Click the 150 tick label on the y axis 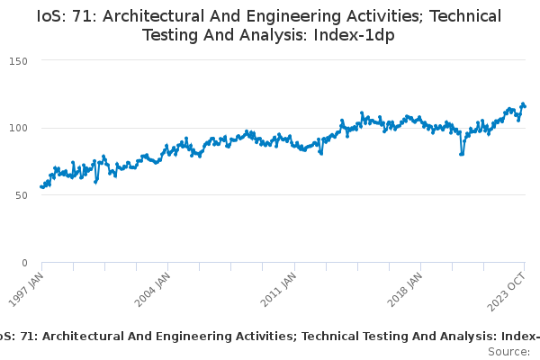(x=19, y=60)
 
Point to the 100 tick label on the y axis (x=19, y=128)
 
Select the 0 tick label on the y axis (x=25, y=263)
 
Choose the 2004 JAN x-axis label (x=155, y=291)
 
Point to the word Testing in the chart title (x=174, y=35)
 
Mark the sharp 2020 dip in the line (x=462, y=154)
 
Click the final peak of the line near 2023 (x=523, y=104)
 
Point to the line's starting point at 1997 (x=42, y=186)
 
